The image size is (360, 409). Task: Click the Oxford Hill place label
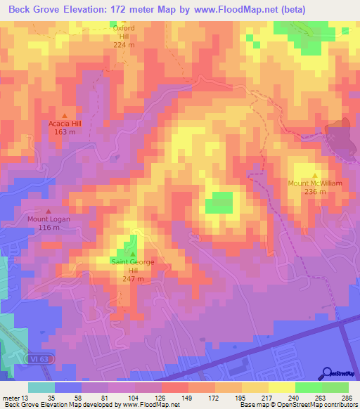tap(124, 32)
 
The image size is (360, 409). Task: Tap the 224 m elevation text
tap(124, 45)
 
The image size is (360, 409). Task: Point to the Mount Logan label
tap(49, 219)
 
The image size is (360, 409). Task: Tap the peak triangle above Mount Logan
tap(49, 210)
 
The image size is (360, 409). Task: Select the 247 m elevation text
tap(132, 278)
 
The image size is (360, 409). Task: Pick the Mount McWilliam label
tap(315, 183)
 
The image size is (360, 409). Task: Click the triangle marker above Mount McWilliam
tap(315, 175)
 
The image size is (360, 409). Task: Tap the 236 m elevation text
tap(315, 192)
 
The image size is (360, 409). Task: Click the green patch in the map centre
tap(219, 202)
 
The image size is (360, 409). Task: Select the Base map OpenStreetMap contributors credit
tap(299, 405)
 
